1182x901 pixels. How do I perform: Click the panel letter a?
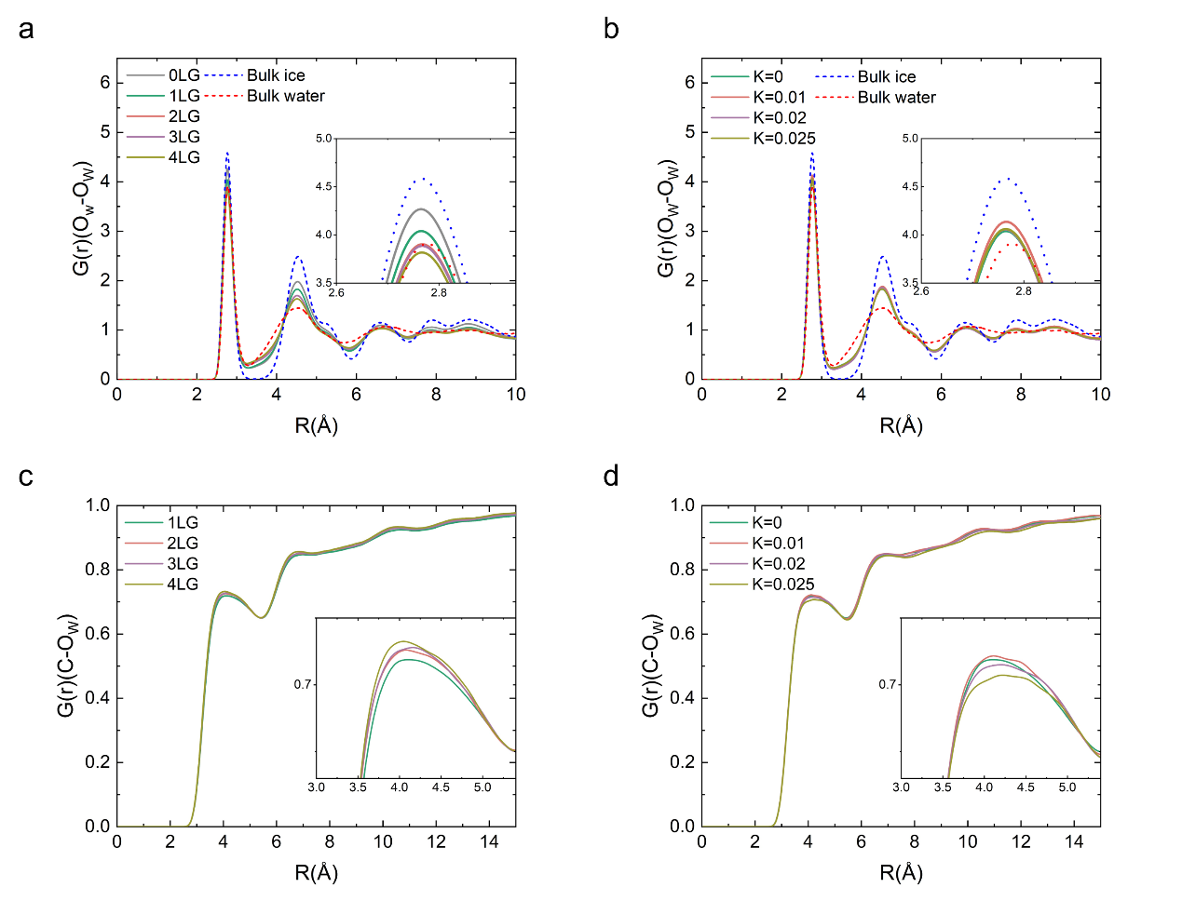[x=26, y=30]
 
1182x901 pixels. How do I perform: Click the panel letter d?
[x=611, y=477]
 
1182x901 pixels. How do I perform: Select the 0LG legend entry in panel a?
[x=183, y=75]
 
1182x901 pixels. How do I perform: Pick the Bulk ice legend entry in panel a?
[x=276, y=75]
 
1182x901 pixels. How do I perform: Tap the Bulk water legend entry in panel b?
[x=896, y=98]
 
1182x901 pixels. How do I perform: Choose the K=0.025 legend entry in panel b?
[x=784, y=139]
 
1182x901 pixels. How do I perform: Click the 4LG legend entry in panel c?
[x=183, y=585]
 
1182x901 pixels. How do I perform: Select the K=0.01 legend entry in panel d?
[x=779, y=544]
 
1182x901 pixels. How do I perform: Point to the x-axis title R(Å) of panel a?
[x=316, y=426]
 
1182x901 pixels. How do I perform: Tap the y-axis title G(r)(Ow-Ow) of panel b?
[x=665, y=220]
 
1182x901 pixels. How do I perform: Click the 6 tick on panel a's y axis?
[x=104, y=83]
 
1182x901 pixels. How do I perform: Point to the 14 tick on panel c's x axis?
[x=489, y=841]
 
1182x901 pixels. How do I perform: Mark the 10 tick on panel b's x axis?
[x=1100, y=395]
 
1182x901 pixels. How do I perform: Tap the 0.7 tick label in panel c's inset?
[x=303, y=685]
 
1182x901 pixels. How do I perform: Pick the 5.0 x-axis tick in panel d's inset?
[x=1067, y=787]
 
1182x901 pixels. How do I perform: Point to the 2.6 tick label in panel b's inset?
[x=920, y=291]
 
